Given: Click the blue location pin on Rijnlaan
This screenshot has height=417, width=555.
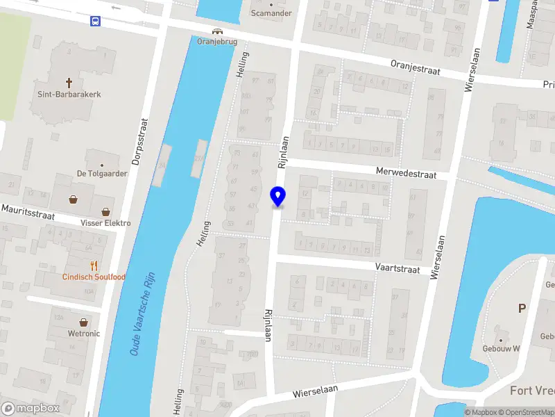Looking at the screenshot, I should [x=278, y=197].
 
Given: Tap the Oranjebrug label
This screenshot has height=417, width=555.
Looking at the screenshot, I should [x=218, y=41].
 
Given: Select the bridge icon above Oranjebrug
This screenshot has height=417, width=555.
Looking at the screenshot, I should [x=218, y=31].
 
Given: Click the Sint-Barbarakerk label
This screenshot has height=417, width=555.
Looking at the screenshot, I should [x=70, y=94].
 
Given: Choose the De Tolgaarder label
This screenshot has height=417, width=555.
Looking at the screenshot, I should [x=102, y=174].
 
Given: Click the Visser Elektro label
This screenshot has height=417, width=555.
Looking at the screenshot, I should [x=105, y=223].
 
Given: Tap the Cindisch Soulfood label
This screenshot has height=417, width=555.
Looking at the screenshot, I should [x=94, y=277].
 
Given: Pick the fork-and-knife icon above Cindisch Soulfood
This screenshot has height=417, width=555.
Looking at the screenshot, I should [x=94, y=265].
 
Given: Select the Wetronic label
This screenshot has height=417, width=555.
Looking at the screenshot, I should [x=84, y=334].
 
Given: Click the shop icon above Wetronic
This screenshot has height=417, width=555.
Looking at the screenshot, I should [x=84, y=322].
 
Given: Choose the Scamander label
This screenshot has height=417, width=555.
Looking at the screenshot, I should [x=271, y=13].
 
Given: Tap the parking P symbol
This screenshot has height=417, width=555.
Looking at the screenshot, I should [x=522, y=308].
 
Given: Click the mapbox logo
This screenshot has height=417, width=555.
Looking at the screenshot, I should [x=31, y=408].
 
